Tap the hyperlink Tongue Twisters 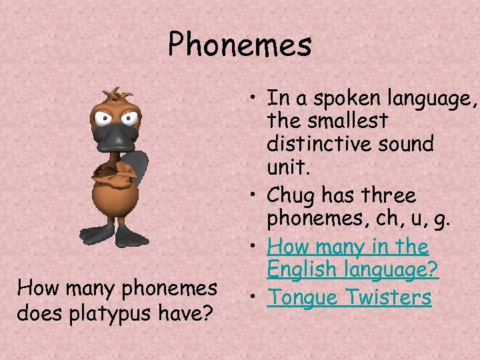(x=349, y=297)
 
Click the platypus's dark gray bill (x=116, y=137)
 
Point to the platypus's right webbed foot (x=134, y=236)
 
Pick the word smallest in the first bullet (x=347, y=122)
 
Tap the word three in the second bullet (x=387, y=197)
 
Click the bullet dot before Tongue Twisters (x=256, y=297)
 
